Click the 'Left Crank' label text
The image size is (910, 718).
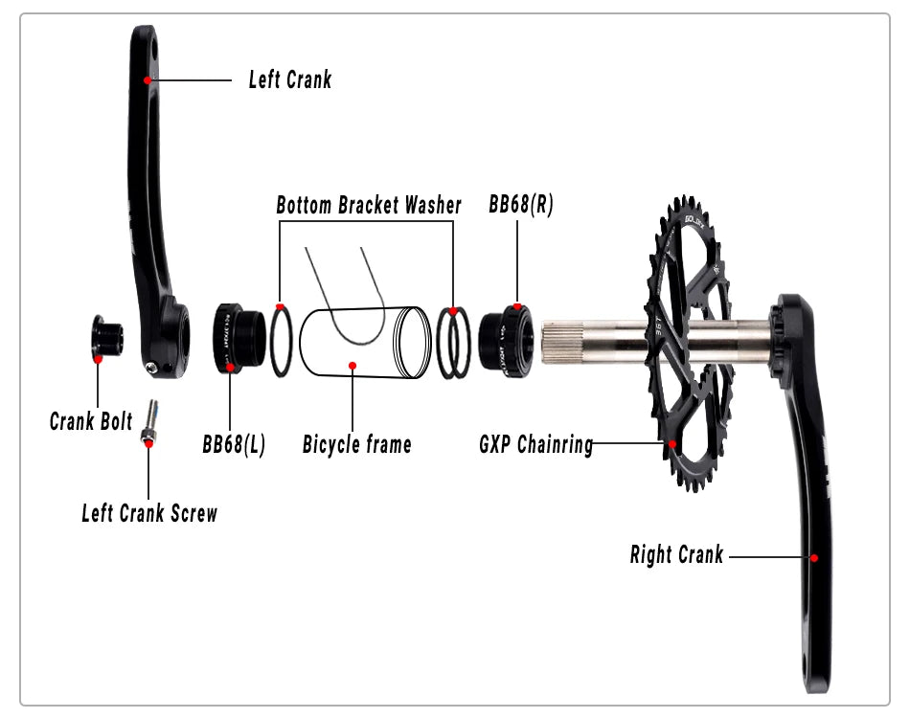tap(289, 79)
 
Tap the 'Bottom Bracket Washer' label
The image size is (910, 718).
tap(369, 205)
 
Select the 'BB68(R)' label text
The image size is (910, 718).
tap(520, 205)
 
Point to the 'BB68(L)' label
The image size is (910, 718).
tap(233, 444)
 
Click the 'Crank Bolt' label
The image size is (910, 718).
tap(91, 421)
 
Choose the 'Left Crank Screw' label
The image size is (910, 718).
tap(149, 513)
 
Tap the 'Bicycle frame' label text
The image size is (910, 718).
tap(356, 444)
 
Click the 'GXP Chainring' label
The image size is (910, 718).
tap(536, 445)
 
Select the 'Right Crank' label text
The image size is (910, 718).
tap(676, 554)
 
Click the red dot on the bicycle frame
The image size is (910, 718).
tap(353, 365)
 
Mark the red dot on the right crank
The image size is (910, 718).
tap(814, 556)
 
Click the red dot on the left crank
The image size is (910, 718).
tap(147, 80)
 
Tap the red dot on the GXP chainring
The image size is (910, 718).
tap(672, 443)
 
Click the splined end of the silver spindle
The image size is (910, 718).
tap(559, 342)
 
